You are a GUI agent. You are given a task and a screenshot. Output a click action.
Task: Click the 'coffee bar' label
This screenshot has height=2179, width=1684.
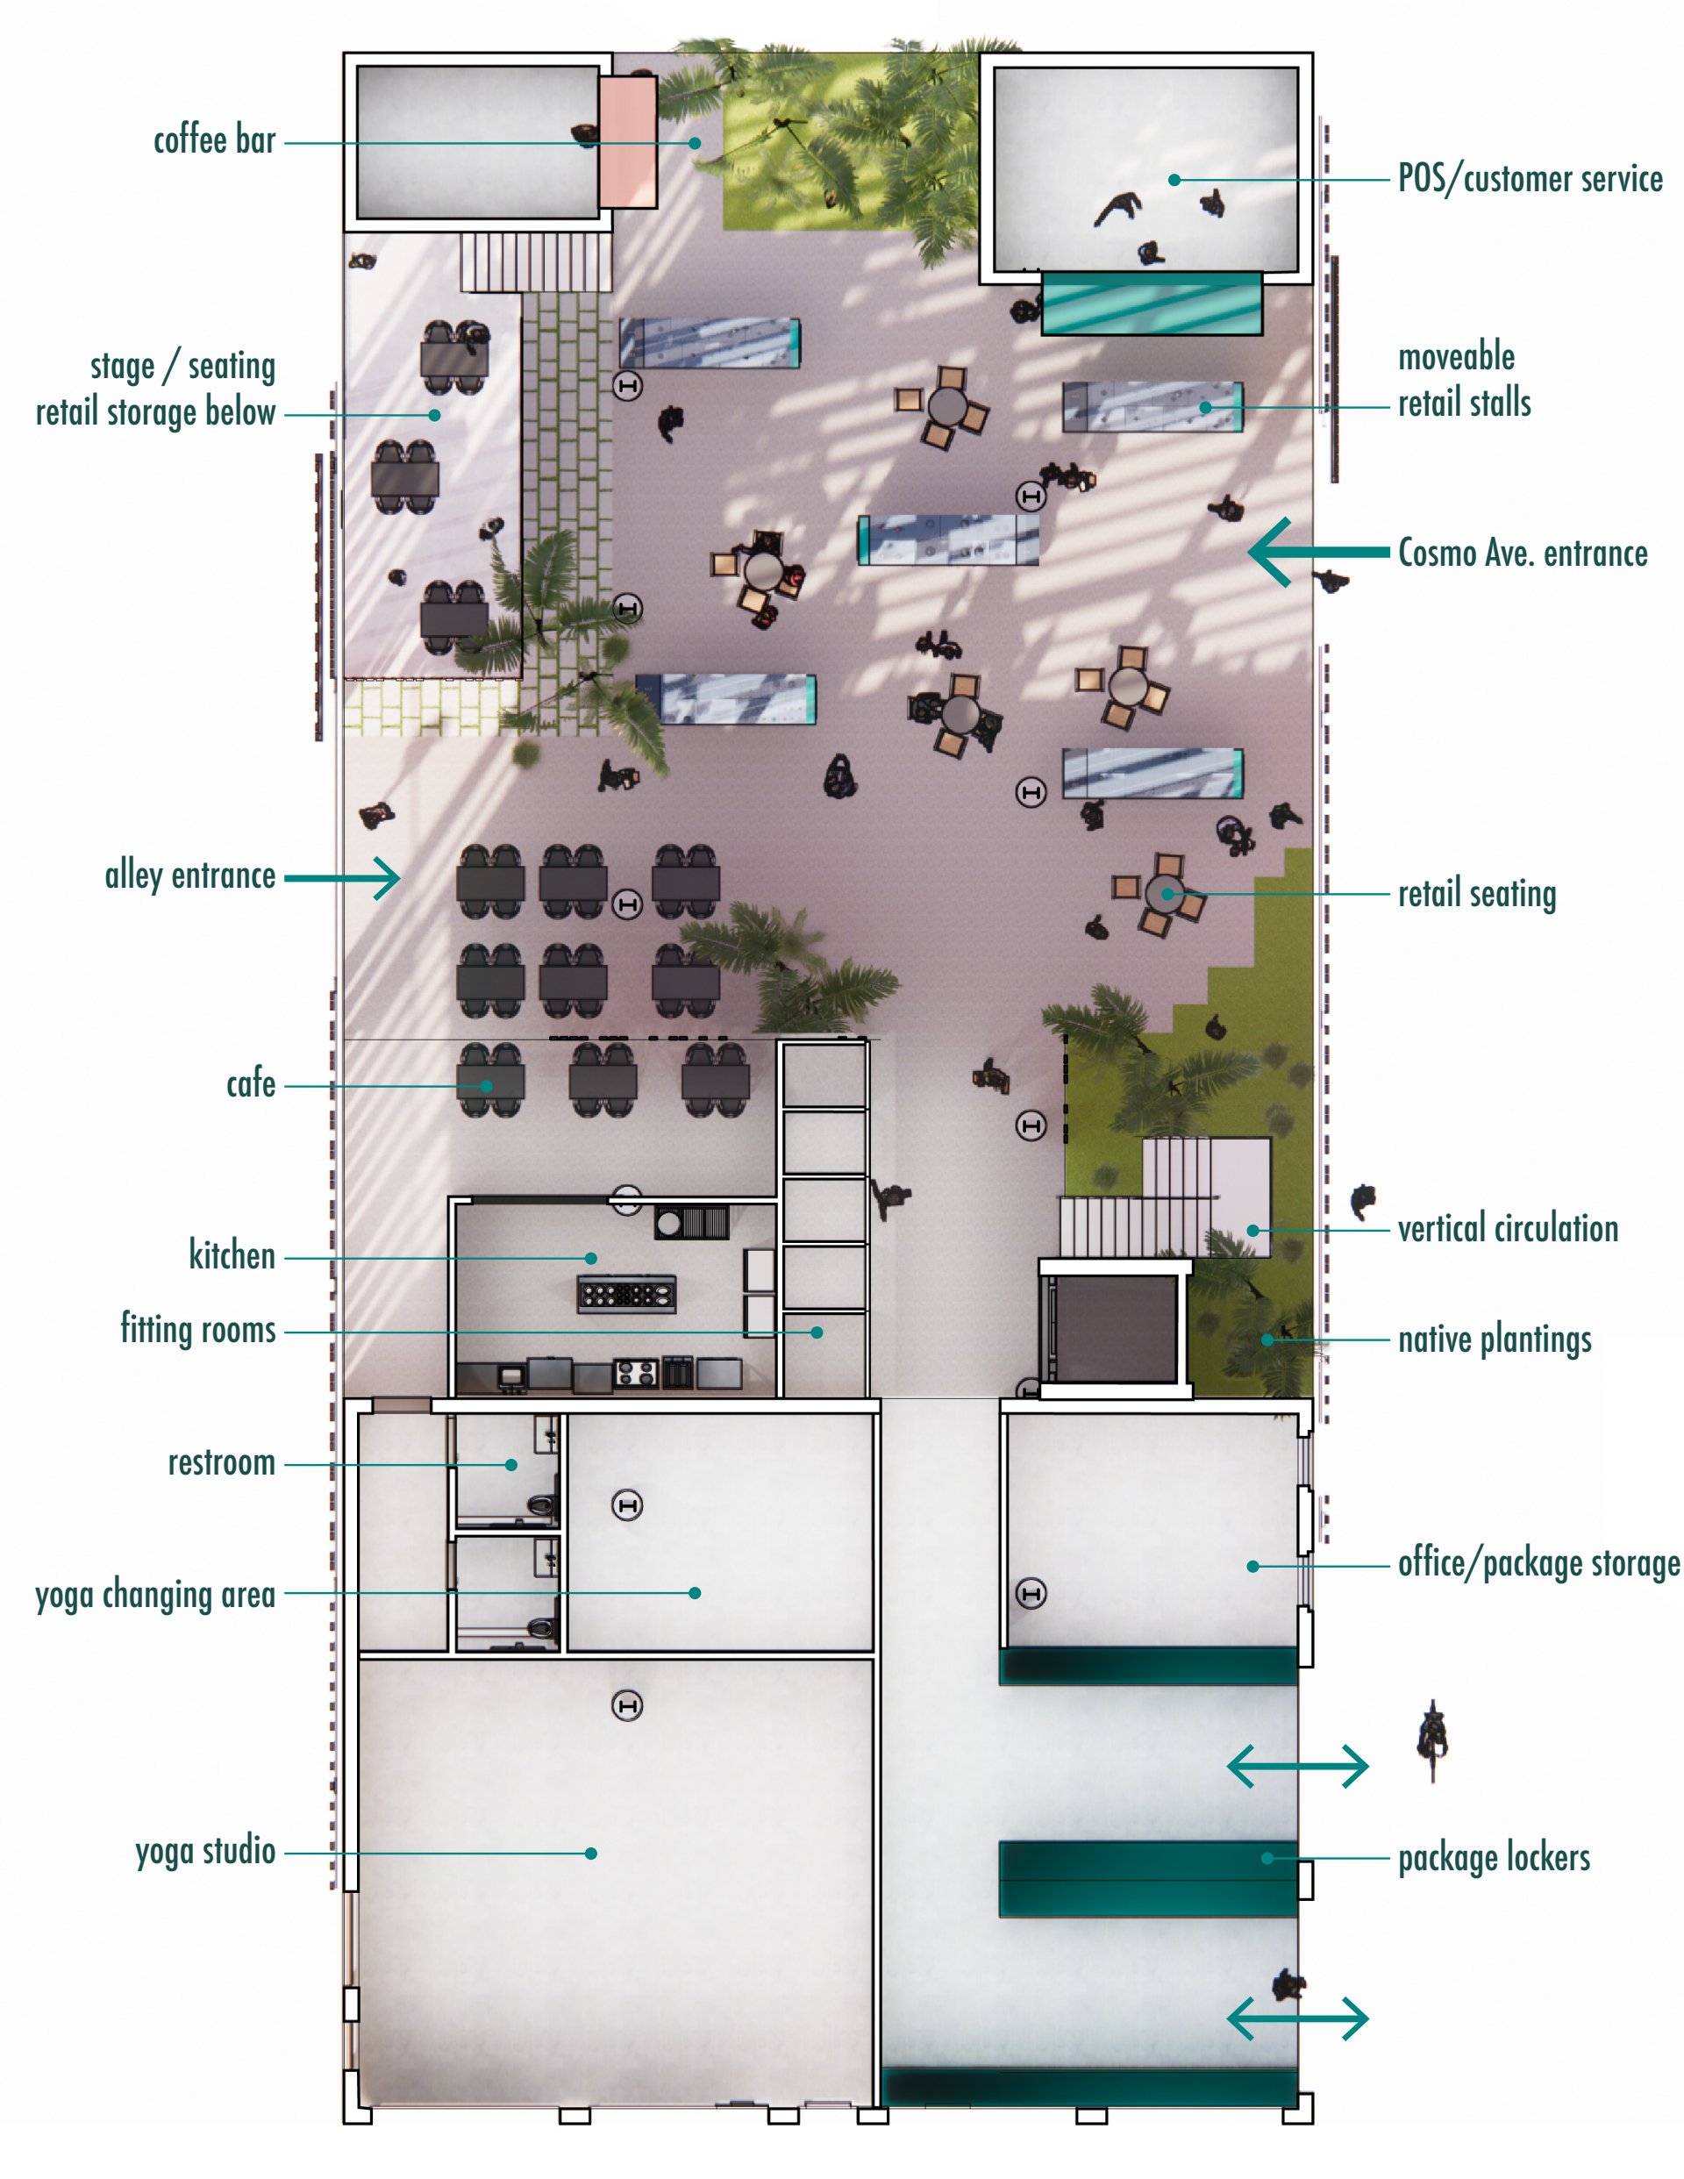(215, 139)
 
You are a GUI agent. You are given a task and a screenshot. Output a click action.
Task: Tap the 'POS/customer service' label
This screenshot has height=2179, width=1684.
(1531, 179)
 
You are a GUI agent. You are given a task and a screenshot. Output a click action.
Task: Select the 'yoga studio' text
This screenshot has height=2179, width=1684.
(205, 1851)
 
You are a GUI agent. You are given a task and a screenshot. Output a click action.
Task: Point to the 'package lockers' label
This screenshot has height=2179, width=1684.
(1494, 1858)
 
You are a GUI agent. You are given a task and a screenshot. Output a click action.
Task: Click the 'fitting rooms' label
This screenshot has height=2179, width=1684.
(197, 1329)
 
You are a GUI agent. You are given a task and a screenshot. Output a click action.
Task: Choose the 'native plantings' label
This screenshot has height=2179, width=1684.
(1495, 1339)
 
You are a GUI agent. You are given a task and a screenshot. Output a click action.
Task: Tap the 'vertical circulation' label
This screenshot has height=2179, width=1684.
(1508, 1228)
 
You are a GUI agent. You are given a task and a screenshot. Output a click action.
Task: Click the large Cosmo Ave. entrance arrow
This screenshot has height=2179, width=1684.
(1318, 552)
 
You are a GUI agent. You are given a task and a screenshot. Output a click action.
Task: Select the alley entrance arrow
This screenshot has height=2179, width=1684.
(342, 878)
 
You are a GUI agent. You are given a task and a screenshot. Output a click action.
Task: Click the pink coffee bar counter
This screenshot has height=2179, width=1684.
(627, 143)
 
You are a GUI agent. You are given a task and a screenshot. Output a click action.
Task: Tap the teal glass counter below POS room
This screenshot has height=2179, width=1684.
(1152, 304)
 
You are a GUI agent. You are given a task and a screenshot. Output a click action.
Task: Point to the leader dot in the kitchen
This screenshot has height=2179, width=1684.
(590, 1258)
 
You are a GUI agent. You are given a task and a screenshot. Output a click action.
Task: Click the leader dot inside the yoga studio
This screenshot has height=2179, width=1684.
(590, 1853)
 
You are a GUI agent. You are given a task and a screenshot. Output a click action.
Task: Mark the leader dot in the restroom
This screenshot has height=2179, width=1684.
(510, 1465)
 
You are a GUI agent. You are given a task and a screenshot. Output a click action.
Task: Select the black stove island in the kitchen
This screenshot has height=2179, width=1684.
(626, 1294)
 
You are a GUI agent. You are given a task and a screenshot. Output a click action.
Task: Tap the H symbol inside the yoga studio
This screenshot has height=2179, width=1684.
(626, 1705)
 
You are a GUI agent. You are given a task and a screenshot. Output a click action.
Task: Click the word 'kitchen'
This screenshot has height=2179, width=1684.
(232, 1255)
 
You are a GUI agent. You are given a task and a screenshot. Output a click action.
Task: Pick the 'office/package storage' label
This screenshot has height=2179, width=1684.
(1538, 1563)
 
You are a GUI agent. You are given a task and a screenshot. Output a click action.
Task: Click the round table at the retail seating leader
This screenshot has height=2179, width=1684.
(1163, 893)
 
